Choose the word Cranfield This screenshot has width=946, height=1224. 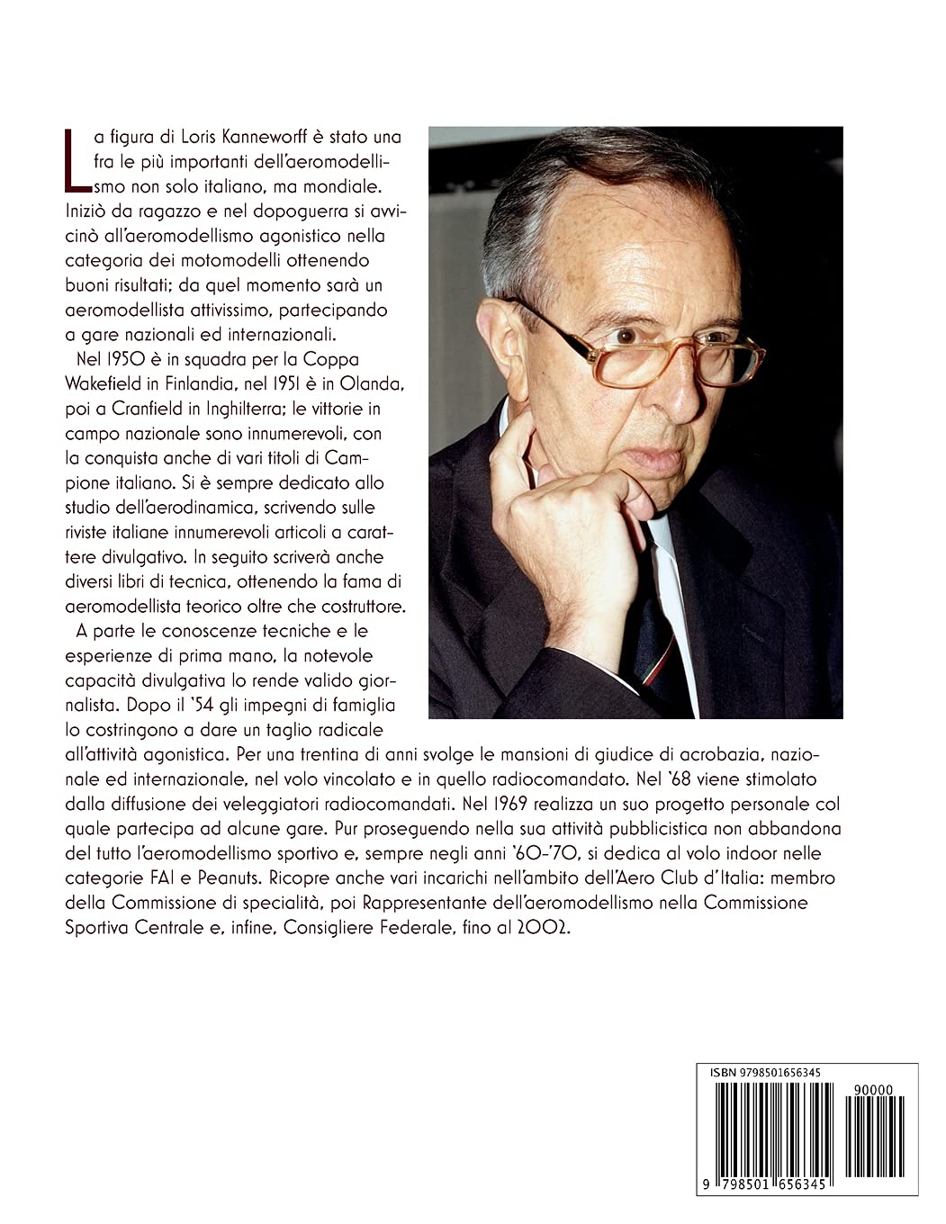[x=156, y=408]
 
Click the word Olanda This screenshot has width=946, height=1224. [x=382, y=382]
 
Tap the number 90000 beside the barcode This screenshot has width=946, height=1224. [x=873, y=1089]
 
